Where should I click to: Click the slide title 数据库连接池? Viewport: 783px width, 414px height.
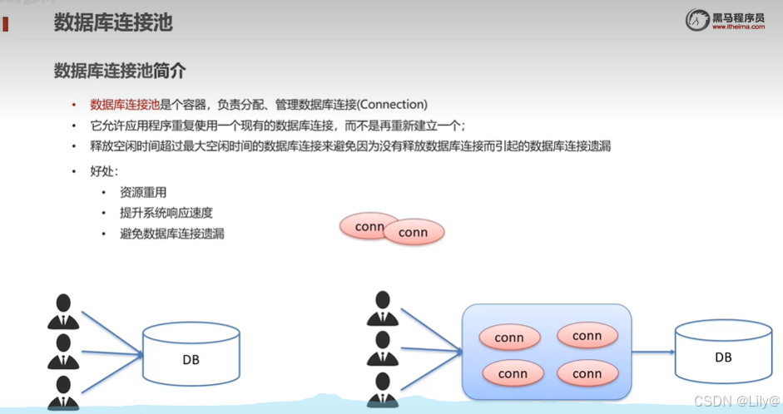[113, 22]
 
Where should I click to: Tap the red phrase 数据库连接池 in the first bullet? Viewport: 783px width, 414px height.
[124, 105]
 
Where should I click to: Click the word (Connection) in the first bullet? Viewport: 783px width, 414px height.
[392, 105]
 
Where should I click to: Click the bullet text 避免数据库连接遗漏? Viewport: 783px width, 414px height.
[172, 234]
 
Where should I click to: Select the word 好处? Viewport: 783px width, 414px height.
[104, 171]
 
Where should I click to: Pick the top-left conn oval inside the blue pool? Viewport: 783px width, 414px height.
[508, 338]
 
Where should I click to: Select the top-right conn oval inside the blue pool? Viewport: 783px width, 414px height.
[587, 336]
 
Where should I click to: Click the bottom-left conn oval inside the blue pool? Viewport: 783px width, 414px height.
[513, 373]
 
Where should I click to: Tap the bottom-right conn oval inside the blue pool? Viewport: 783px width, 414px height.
[587, 373]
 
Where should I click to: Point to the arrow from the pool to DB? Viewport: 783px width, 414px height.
[653, 352]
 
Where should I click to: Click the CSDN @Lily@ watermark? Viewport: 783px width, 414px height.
[730, 401]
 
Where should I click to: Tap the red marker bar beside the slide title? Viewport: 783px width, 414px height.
[6, 24]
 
